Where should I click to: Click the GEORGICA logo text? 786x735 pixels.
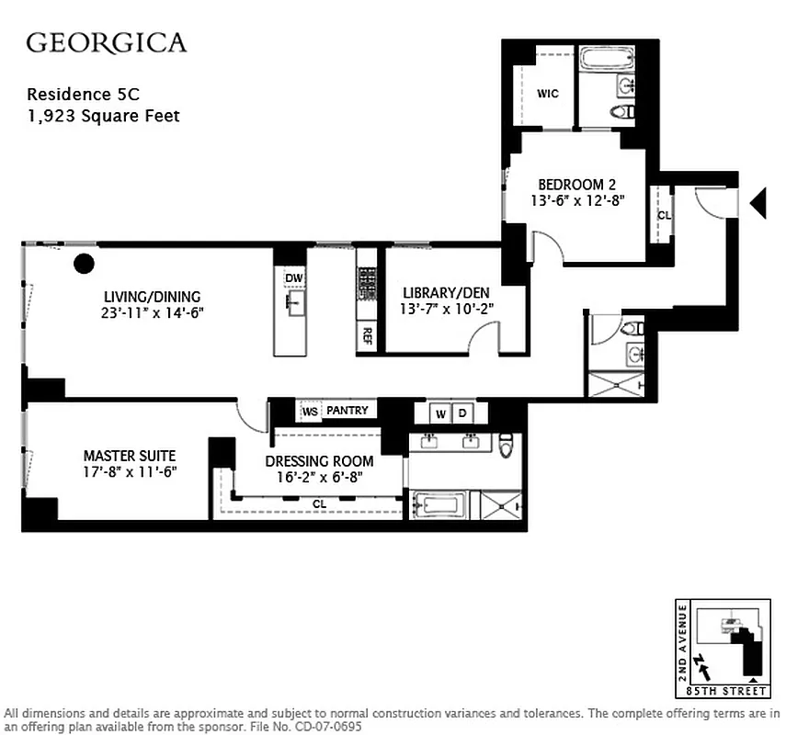106,42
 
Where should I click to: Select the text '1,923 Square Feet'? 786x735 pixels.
103,116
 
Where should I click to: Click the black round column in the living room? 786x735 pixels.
84,265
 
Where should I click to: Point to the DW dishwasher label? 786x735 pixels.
293,278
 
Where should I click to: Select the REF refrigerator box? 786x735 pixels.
367,334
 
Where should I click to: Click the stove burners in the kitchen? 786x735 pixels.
367,282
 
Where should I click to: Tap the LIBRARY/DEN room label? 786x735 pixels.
449,292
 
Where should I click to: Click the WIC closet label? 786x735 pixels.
548,94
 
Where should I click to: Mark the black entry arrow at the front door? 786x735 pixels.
758,203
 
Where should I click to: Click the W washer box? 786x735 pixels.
441,413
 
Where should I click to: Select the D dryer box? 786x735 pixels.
463,413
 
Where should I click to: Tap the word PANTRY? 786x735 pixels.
347,411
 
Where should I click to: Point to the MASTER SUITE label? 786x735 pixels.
129,455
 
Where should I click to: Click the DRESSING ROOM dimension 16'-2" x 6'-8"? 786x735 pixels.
319,477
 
